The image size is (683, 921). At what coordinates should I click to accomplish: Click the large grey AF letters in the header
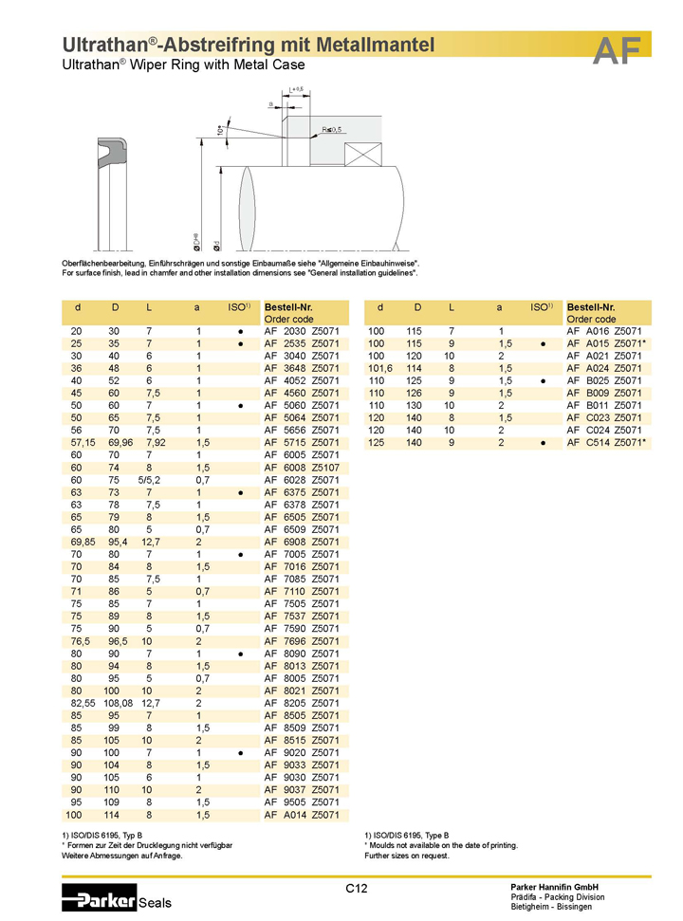pos(617,50)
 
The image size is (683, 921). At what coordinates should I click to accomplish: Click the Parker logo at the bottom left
pos(100,898)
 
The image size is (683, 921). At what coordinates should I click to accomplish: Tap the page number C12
pos(356,889)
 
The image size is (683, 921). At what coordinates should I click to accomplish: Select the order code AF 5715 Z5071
pos(302,442)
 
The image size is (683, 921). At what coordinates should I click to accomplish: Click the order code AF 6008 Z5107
pos(302,468)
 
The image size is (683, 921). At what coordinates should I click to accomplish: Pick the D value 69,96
pos(120,442)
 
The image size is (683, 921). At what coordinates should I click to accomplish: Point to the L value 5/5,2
pos(149,480)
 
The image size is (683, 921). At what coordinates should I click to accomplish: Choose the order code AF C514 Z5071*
pos(606,442)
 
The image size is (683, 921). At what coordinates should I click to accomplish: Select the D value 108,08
pos(118,703)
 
